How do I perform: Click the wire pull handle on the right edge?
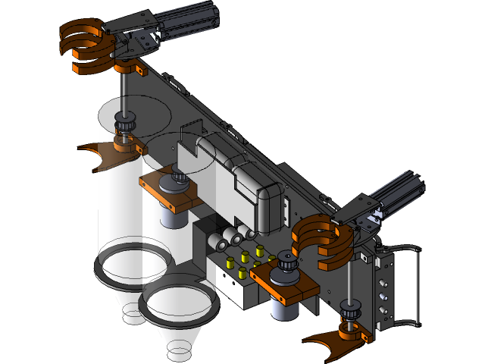pos(415,284)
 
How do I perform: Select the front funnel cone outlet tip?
pos(180,351)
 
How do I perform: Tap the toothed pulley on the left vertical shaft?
pos(124,121)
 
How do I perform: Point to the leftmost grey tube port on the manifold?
pos(217,244)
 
